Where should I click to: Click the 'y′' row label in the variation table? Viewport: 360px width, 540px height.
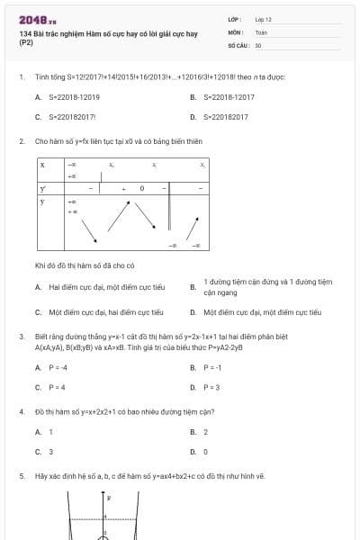pos(42,188)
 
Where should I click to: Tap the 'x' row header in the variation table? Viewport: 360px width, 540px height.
pos(42,166)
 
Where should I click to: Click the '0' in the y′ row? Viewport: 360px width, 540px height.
pos(141,188)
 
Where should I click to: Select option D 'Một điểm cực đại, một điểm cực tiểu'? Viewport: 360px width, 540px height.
pos(262,312)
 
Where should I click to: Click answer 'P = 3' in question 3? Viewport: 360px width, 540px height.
pos(211,387)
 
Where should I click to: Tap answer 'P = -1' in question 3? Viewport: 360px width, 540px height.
pos(212,367)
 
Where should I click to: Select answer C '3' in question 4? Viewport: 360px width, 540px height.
pos(50,451)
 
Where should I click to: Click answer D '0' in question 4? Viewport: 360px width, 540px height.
pos(205,451)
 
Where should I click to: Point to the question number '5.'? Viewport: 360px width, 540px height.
pos(22,475)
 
